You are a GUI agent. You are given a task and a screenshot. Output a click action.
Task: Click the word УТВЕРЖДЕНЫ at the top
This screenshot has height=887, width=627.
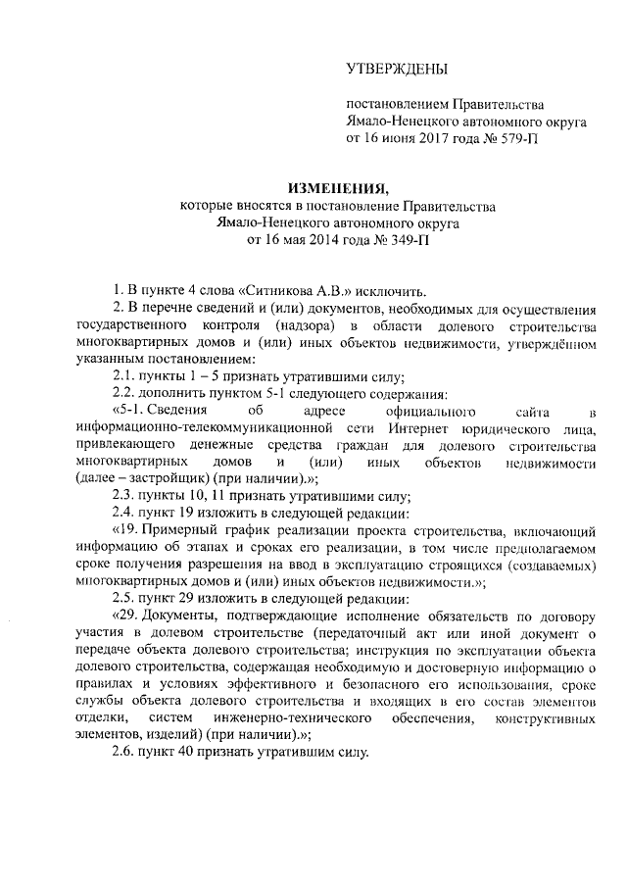click(398, 69)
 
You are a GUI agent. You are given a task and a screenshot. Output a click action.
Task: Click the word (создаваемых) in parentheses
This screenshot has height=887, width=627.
click(553, 565)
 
